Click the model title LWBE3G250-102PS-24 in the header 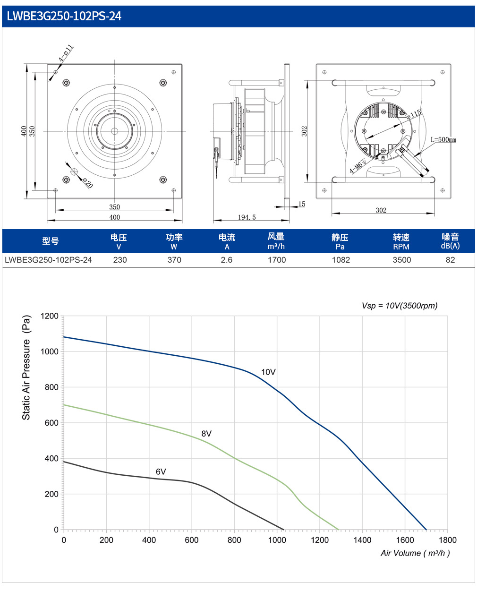pyautogui.click(x=64, y=16)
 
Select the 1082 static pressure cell pyautogui.click(x=341, y=260)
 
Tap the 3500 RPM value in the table pyautogui.click(x=401, y=260)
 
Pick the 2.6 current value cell pyautogui.click(x=226, y=260)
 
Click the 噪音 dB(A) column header pyautogui.click(x=450, y=241)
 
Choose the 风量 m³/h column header pyautogui.click(x=276, y=241)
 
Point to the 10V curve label pyautogui.click(x=268, y=372)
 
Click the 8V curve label pyautogui.click(x=206, y=433)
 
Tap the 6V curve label pyautogui.click(x=161, y=471)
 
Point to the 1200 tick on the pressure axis pyautogui.click(x=50, y=316)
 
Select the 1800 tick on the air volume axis pyautogui.click(x=447, y=540)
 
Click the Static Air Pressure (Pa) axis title pyautogui.click(x=26, y=368)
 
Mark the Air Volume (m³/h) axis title pyautogui.click(x=415, y=553)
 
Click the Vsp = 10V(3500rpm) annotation pyautogui.click(x=400, y=306)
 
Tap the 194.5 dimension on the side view pyautogui.click(x=247, y=217)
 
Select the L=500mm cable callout pyautogui.click(x=443, y=139)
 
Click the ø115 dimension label pyautogui.click(x=414, y=114)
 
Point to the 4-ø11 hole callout pyautogui.click(x=66, y=53)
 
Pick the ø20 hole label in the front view pyautogui.click(x=88, y=183)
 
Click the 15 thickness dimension pyautogui.click(x=302, y=204)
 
